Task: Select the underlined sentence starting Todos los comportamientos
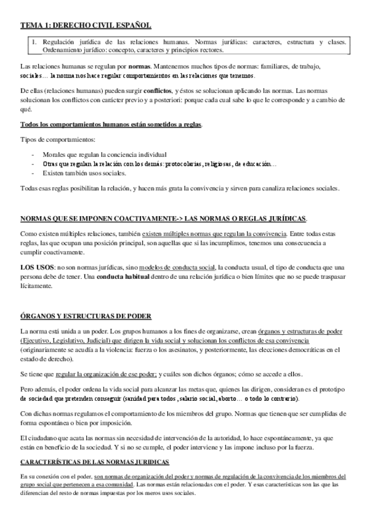coord(111,125)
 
